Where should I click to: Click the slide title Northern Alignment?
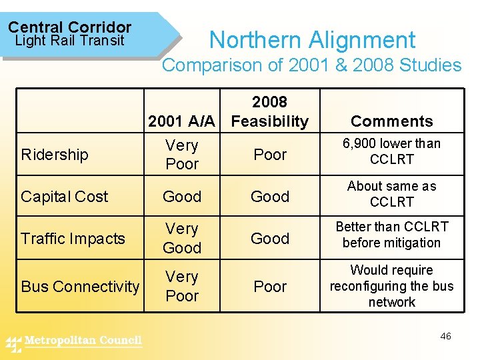click(312, 40)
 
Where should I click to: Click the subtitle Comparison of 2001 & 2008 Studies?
click(312, 65)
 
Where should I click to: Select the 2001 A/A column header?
click(181, 121)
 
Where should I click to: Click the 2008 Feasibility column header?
click(269, 111)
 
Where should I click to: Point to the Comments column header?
click(391, 121)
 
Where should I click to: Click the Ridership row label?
click(55, 155)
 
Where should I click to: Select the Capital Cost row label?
click(64, 197)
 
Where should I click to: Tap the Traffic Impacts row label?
click(73, 239)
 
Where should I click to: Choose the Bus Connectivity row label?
click(80, 287)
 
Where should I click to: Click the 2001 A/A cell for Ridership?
click(182, 155)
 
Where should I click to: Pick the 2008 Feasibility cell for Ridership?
click(270, 155)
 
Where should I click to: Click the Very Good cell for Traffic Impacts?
click(182, 238)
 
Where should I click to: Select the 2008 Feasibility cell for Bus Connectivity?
click(270, 287)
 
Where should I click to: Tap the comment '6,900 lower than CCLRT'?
click(391, 151)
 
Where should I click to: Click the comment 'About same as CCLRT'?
click(391, 194)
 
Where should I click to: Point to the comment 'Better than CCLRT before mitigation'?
click(391, 235)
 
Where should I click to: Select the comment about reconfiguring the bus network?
click(391, 286)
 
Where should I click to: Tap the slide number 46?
click(445, 336)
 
